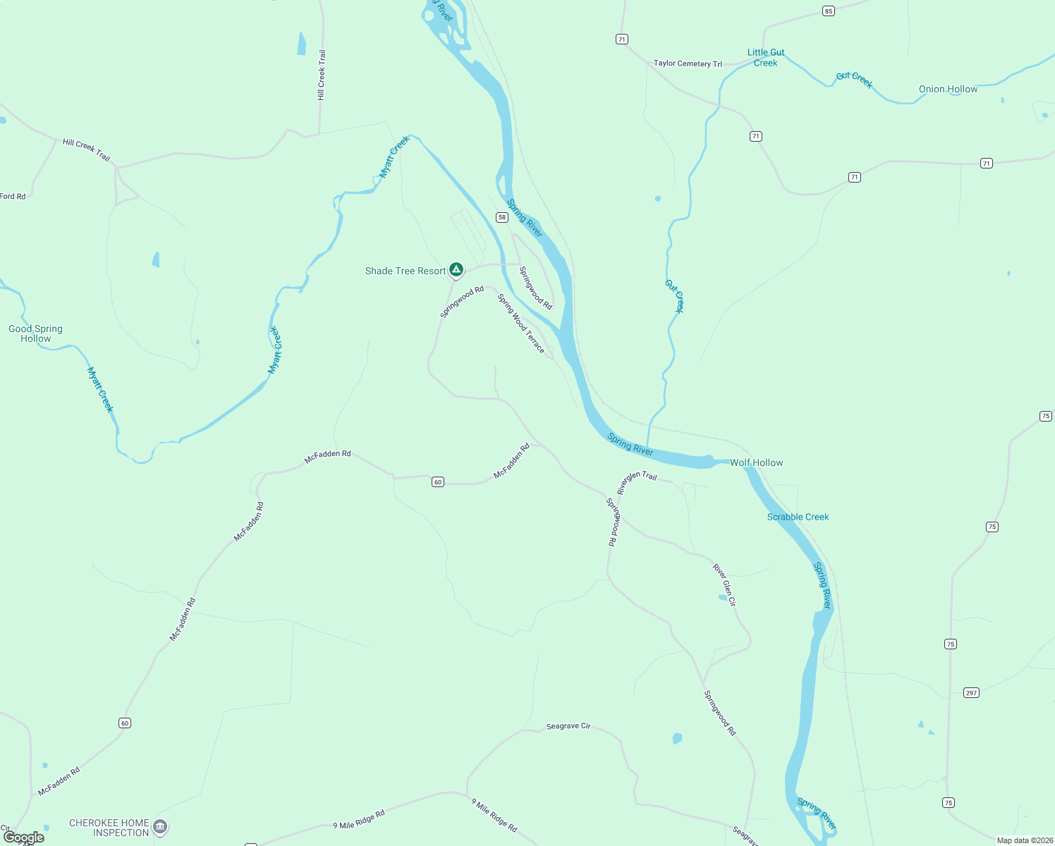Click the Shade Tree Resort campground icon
coord(456,269)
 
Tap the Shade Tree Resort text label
coord(405,271)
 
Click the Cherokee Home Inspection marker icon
coord(160,826)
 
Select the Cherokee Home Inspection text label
coord(109,828)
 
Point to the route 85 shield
coord(828,11)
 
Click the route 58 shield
coord(502,217)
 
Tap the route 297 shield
coord(971,692)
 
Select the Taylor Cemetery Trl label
coord(688,63)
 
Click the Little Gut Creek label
coord(766,57)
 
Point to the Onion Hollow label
coord(948,89)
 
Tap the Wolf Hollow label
coord(756,462)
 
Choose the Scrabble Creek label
coord(798,517)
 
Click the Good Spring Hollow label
coord(35,333)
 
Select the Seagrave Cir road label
coord(568,726)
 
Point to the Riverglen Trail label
coord(637,482)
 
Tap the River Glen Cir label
coord(724,584)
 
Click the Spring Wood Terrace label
coord(521,323)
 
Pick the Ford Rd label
coord(13,196)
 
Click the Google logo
coord(23,838)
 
